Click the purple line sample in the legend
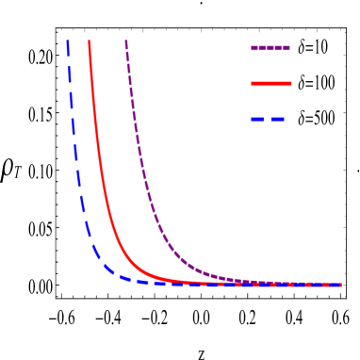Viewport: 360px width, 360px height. [270, 48]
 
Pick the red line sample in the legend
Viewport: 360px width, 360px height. [271, 84]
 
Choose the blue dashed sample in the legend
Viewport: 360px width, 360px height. [268, 120]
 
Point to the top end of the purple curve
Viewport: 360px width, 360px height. [126, 41]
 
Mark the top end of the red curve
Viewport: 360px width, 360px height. [90, 41]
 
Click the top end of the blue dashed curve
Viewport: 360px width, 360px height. [68, 41]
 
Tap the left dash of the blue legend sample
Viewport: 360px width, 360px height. [256, 120]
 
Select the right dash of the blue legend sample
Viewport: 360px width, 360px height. [277, 120]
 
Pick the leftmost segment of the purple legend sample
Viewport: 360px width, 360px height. [257, 48]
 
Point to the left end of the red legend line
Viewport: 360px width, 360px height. [252, 84]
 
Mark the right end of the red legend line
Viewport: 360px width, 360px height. [291, 84]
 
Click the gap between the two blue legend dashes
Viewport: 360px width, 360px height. [267, 120]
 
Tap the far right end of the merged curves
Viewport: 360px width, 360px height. [340, 285]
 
